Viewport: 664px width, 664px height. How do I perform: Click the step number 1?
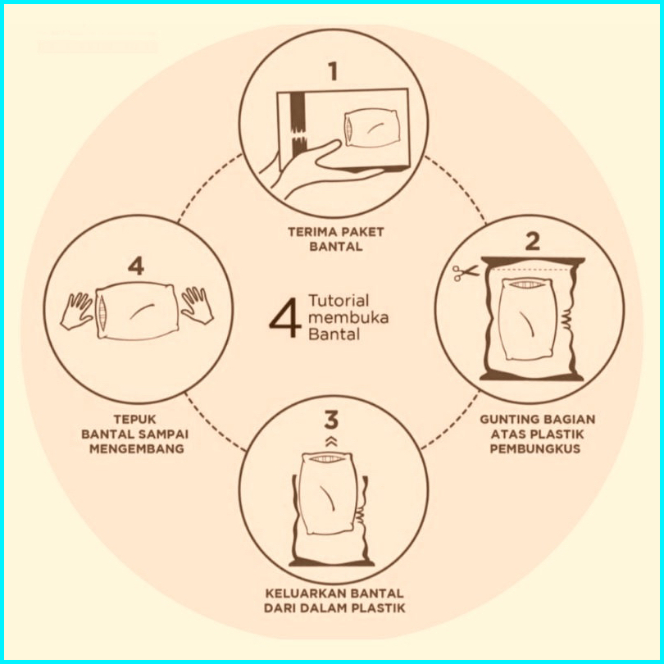tap(334, 71)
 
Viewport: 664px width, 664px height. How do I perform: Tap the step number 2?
tap(532, 242)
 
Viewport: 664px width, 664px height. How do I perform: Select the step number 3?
tap(331, 420)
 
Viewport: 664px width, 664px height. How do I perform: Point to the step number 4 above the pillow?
tap(136, 266)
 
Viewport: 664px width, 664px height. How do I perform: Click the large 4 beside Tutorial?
tap(285, 317)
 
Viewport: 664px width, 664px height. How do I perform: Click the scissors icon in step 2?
tap(465, 273)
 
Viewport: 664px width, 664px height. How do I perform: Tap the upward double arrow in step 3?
tap(331, 442)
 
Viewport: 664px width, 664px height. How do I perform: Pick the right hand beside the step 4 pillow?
tap(197, 305)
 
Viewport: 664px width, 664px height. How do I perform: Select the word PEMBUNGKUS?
tap(534, 448)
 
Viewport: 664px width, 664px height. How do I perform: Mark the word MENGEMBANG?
tap(137, 448)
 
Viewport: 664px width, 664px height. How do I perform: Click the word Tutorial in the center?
tap(339, 301)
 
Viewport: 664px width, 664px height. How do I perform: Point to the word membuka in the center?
tap(348, 317)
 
